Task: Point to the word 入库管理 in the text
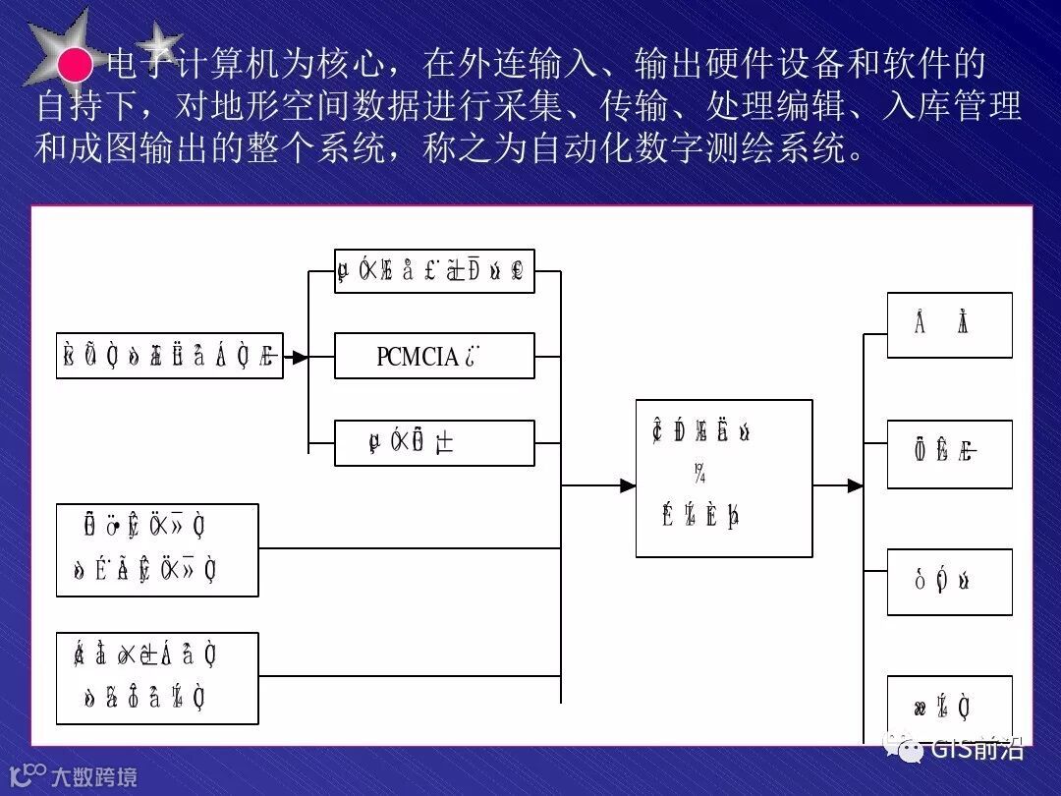click(952, 106)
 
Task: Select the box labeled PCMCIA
click(434, 356)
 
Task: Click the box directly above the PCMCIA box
click(434, 270)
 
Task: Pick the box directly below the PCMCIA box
click(434, 443)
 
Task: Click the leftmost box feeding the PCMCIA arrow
click(169, 356)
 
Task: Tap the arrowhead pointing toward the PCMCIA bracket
click(301, 357)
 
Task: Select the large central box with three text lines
click(724, 479)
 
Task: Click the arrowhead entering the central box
click(628, 484)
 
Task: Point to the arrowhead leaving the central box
click(855, 484)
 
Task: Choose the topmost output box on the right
click(949, 324)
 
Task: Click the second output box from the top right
click(949, 454)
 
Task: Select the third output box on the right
click(949, 582)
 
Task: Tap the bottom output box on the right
click(949, 708)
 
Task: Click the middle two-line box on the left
click(157, 550)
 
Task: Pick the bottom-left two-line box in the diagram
click(157, 678)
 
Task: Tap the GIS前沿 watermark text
click(977, 749)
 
